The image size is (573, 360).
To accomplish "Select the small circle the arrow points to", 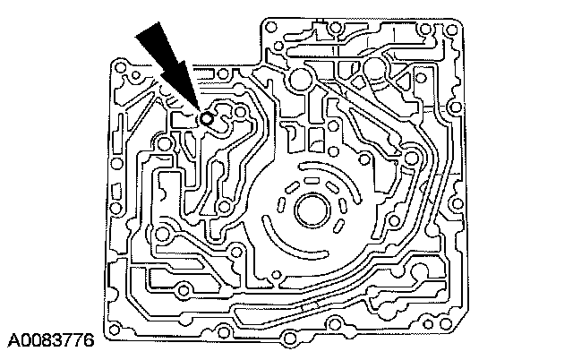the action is tap(207, 117).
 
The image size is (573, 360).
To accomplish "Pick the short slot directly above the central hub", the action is tap(314, 176).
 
